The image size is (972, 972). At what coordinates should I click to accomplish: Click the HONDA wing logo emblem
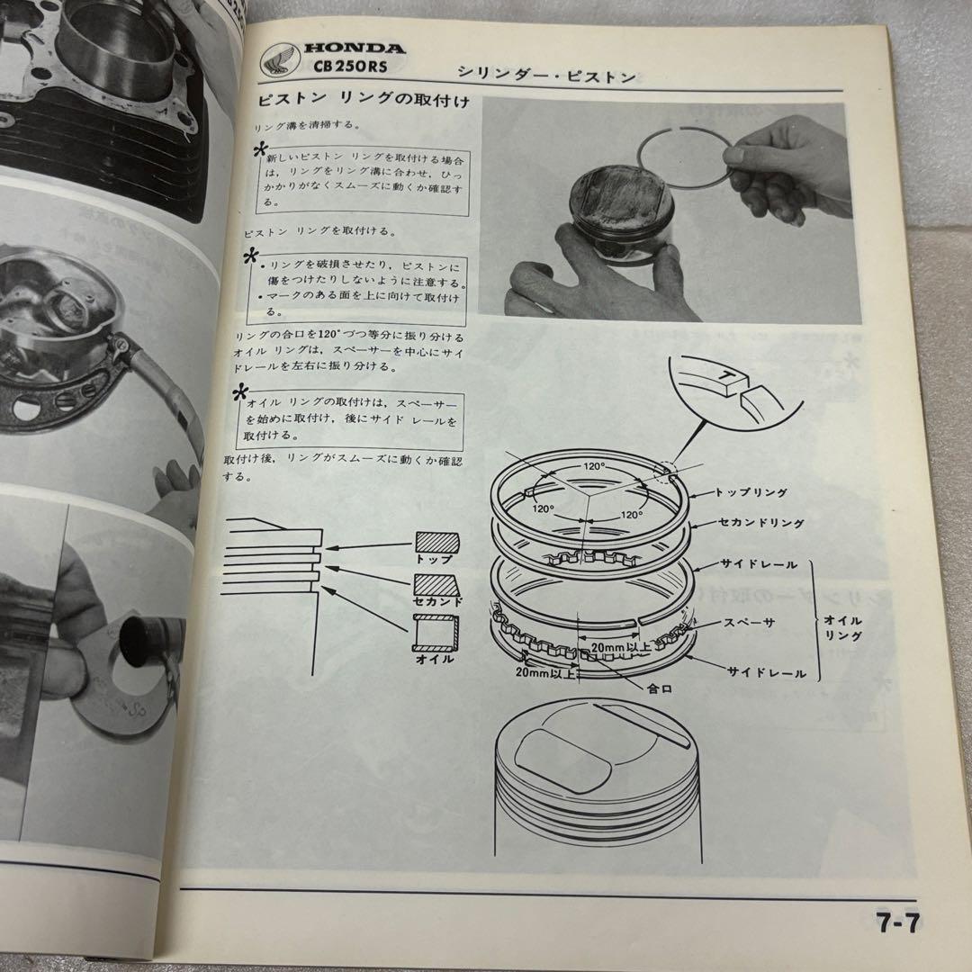(278, 62)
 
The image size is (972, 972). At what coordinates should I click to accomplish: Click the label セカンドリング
(760, 522)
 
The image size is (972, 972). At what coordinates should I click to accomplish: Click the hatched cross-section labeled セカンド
(436, 586)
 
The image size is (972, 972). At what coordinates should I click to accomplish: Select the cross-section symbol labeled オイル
(435, 634)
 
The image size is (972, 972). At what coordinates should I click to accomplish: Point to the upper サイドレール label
(758, 563)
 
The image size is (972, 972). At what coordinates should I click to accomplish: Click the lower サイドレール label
(767, 672)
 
